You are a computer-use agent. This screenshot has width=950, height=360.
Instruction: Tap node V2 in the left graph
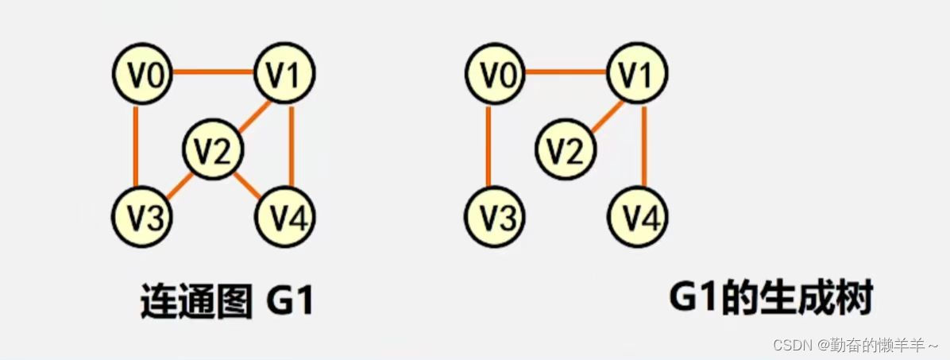214,149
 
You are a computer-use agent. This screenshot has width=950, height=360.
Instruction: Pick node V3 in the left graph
142,216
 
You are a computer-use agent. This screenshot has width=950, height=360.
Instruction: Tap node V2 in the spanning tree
566,149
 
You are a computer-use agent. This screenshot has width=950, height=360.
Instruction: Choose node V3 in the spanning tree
494,216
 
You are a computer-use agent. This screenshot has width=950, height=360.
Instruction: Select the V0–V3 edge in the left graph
136,145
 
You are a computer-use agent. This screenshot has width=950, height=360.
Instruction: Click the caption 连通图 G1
227,302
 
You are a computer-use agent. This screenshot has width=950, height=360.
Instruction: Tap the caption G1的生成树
770,300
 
